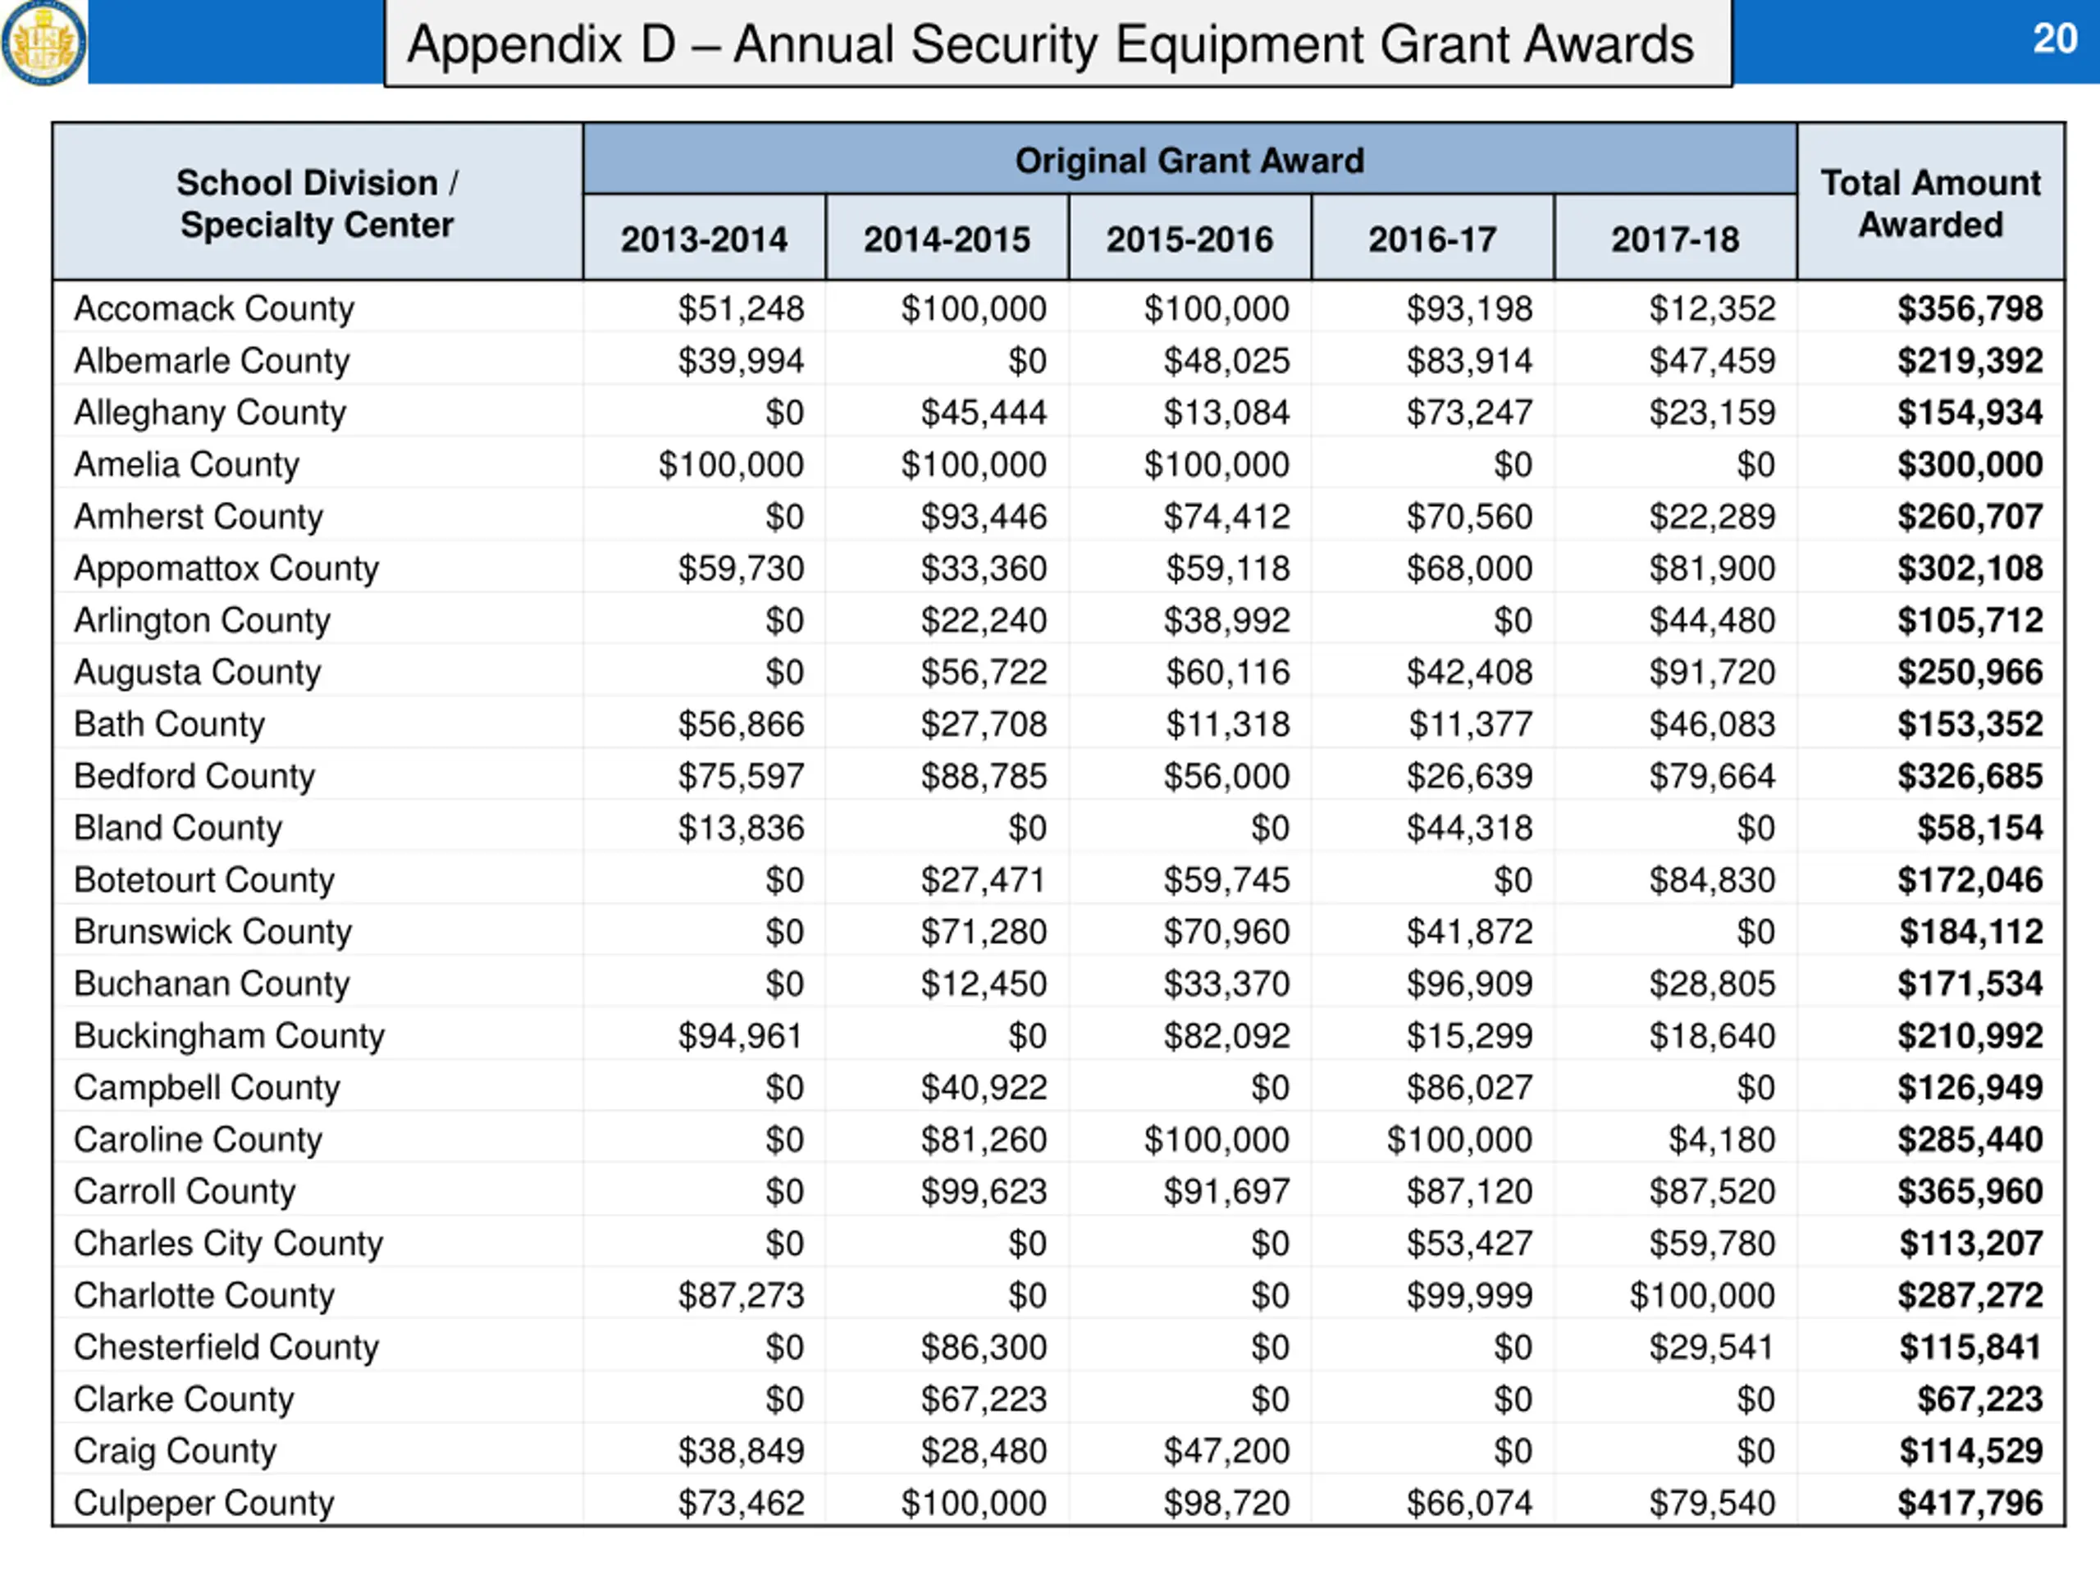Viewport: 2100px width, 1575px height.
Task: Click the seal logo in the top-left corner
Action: (43, 42)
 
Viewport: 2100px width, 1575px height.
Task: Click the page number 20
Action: (2054, 39)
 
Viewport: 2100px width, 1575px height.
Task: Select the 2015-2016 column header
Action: (1189, 240)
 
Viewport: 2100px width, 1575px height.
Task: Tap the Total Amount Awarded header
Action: (1930, 203)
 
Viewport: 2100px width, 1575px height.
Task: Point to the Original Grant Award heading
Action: (1189, 161)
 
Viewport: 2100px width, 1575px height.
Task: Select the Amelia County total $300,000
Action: (1969, 464)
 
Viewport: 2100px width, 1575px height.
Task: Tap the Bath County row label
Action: (169, 724)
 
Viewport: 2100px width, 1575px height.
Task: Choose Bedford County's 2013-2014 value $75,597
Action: (741, 776)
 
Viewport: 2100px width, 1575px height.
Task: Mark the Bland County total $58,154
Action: (1979, 828)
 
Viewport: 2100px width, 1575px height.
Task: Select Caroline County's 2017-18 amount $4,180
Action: (1721, 1139)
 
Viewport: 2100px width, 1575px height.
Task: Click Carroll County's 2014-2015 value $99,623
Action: (984, 1191)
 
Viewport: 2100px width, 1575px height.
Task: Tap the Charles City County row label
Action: (228, 1244)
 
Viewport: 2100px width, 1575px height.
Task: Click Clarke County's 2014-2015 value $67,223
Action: (984, 1399)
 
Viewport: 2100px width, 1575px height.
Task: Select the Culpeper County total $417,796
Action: (1969, 1503)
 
